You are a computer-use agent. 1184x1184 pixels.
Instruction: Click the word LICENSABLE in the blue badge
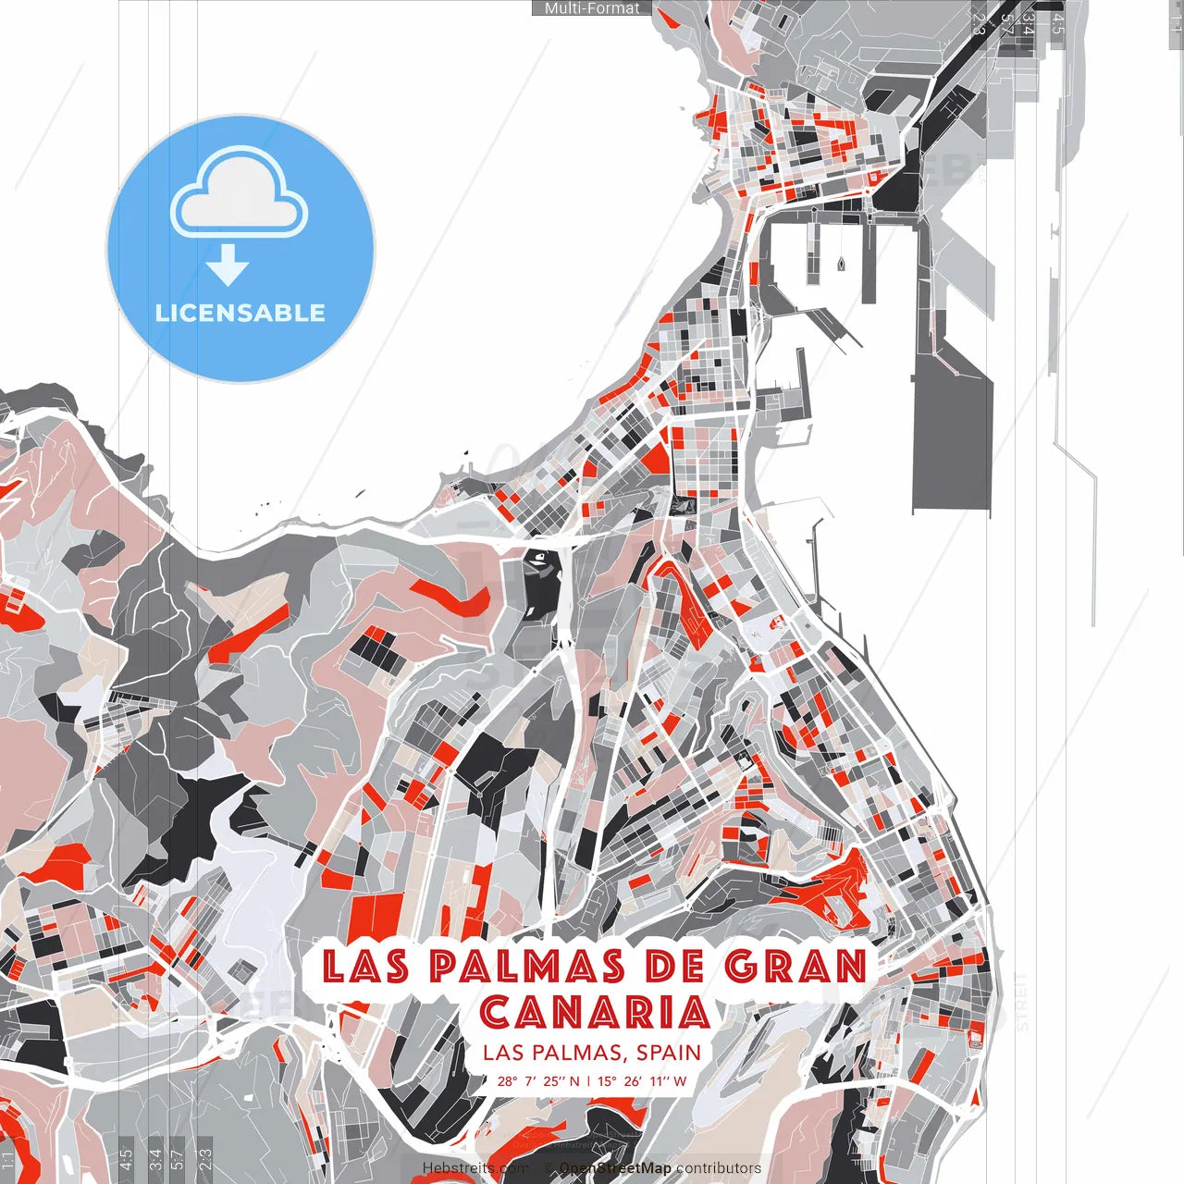[240, 313]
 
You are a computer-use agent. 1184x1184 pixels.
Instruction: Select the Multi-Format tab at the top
[592, 8]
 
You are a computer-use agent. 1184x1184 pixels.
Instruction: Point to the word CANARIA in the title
[595, 1012]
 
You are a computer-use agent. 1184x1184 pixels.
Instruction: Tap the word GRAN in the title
[795, 966]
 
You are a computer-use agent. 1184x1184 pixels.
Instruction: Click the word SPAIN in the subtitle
[669, 1053]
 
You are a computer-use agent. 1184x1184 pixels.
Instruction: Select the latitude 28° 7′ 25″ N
[538, 1080]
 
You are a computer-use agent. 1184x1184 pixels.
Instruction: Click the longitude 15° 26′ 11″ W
[642, 1080]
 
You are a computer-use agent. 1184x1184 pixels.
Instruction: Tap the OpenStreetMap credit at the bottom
[615, 1168]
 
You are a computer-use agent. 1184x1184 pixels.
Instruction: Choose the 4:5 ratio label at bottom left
[127, 1159]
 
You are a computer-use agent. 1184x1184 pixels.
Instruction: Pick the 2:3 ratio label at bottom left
[205, 1159]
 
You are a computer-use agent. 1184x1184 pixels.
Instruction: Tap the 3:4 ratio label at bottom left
[155, 1159]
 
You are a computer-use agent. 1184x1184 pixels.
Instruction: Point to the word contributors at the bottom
[719, 1168]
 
